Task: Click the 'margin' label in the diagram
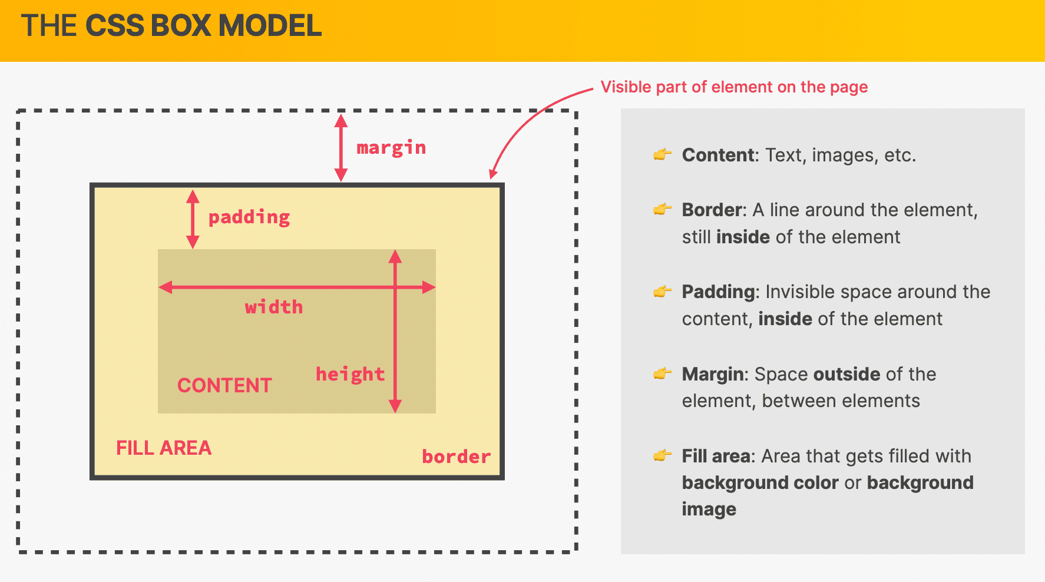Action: click(391, 148)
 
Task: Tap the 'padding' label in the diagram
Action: click(249, 217)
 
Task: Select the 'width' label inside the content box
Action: click(274, 306)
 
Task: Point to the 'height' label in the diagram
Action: click(350, 374)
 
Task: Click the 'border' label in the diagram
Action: click(457, 457)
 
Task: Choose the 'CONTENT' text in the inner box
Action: click(224, 385)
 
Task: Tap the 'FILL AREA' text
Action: click(164, 448)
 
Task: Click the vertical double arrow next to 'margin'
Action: click(341, 147)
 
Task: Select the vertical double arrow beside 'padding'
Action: click(193, 219)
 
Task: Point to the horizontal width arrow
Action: click(297, 287)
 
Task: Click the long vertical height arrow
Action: click(395, 331)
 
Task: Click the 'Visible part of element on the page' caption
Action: click(734, 87)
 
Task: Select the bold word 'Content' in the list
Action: click(718, 155)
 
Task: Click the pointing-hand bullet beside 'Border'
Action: click(663, 209)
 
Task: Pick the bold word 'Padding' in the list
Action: click(719, 292)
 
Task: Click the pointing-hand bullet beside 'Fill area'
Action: click(663, 455)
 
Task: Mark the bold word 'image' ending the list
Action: click(709, 510)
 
